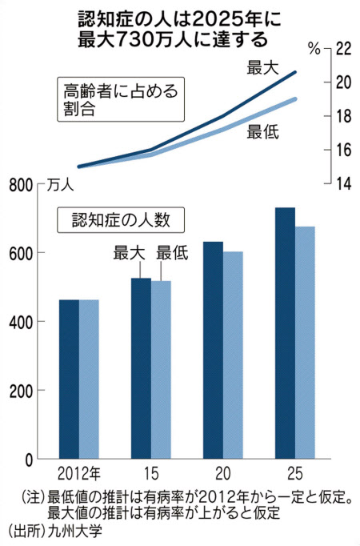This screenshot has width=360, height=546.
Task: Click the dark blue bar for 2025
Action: point(286,333)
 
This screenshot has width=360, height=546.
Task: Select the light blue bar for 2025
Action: point(305,343)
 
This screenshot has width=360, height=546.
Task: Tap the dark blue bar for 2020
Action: point(214,350)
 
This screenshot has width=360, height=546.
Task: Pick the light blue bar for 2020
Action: point(233,355)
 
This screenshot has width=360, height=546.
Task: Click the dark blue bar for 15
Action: point(142,368)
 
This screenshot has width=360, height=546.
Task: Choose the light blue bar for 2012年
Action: point(89,379)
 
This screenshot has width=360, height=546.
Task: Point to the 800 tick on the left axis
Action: point(21,186)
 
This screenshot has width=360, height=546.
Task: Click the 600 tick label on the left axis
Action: point(21,253)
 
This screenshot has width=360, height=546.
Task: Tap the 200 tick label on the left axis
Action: point(21,391)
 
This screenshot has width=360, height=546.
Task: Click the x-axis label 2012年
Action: point(79,474)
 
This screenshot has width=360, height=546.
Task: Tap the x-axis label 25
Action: point(295,474)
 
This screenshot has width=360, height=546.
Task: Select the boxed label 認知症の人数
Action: point(121,220)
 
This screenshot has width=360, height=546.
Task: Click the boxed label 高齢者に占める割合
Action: point(121,99)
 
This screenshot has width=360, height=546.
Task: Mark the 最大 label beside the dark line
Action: point(262,67)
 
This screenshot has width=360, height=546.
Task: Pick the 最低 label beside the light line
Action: point(262,132)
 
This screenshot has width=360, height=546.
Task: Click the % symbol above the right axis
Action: point(314,49)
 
